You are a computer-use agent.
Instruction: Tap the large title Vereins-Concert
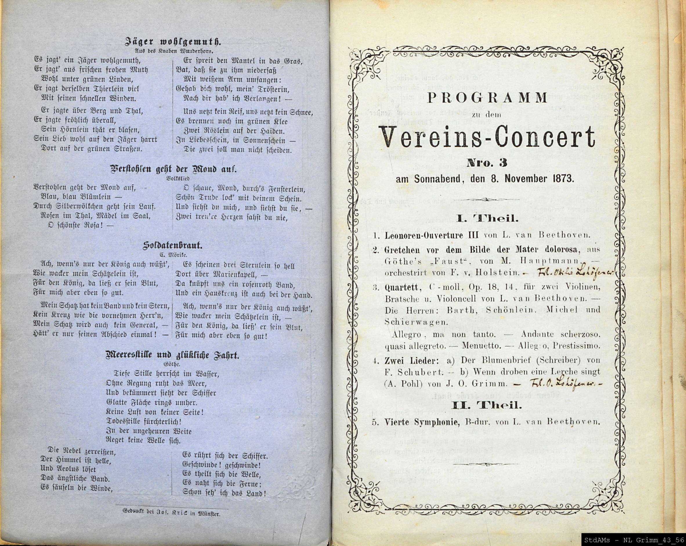click(x=488, y=137)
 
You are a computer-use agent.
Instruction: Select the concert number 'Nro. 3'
click(x=487, y=162)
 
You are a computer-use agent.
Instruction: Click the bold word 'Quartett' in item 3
click(x=403, y=287)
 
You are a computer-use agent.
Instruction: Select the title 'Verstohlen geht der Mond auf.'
click(x=173, y=169)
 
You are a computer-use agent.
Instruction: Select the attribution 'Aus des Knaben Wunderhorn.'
click(x=174, y=50)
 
